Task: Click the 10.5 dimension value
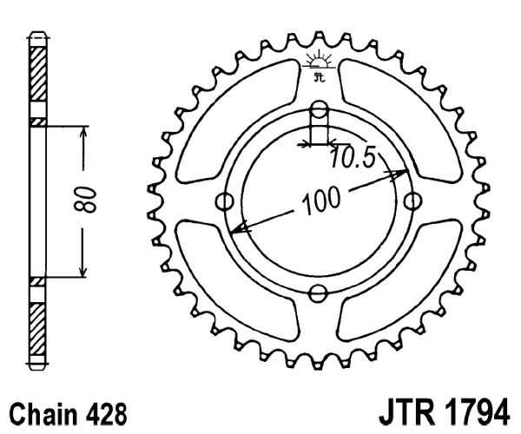[x=353, y=157]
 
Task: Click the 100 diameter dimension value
[x=321, y=200]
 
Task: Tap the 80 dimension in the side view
[x=85, y=200]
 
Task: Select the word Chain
[x=43, y=414]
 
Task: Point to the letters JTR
[x=406, y=413]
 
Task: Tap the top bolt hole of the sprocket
[x=320, y=109]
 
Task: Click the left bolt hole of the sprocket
[x=224, y=201]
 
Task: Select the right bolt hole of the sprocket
[x=413, y=201]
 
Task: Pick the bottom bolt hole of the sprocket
[x=318, y=293]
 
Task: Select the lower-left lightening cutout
[x=237, y=279]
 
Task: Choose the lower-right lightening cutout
[x=399, y=281]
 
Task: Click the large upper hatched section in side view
[x=37, y=74]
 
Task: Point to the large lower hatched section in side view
[x=37, y=329]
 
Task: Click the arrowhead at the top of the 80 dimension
[x=83, y=133]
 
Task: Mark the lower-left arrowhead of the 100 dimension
[x=239, y=227]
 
